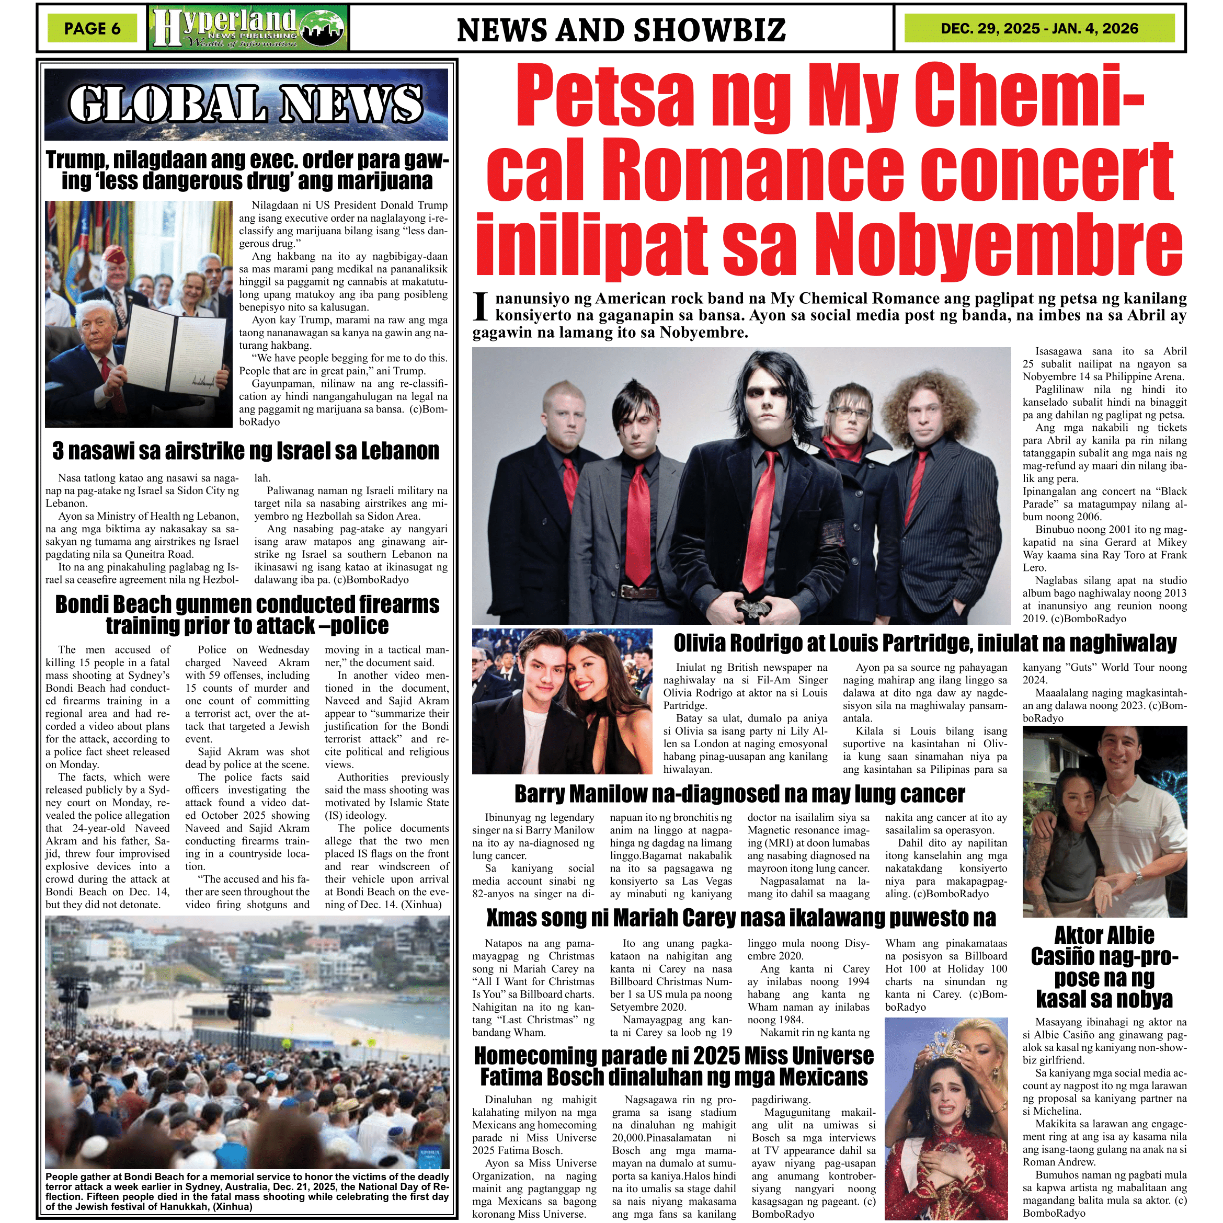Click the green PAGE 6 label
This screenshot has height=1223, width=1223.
point(92,28)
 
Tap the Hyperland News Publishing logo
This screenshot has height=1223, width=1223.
point(249,28)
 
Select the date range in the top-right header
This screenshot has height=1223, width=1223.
point(1039,28)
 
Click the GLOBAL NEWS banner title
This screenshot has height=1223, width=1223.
point(246,104)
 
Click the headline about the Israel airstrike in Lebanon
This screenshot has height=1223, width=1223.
point(246,451)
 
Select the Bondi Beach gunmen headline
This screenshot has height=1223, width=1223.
point(247,615)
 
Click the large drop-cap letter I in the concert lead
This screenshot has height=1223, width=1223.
point(481,307)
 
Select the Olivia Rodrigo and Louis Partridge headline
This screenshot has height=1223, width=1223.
point(925,643)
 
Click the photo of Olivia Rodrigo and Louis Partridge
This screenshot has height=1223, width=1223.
point(562,701)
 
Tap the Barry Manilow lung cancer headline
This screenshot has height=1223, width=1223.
point(739,794)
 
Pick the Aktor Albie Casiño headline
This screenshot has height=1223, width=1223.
point(1105,967)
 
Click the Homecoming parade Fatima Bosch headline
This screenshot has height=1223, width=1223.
point(673,1067)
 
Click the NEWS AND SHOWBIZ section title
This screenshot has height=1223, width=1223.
point(621,30)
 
